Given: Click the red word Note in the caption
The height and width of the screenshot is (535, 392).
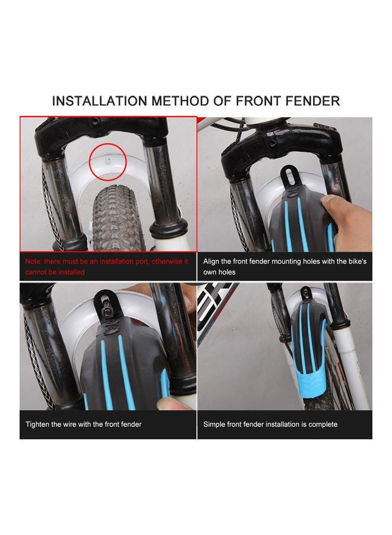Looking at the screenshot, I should pos(34,261).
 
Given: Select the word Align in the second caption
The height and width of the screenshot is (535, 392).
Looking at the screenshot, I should pos(212,261).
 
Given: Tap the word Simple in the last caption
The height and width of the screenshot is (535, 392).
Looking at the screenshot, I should pos(215,424).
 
